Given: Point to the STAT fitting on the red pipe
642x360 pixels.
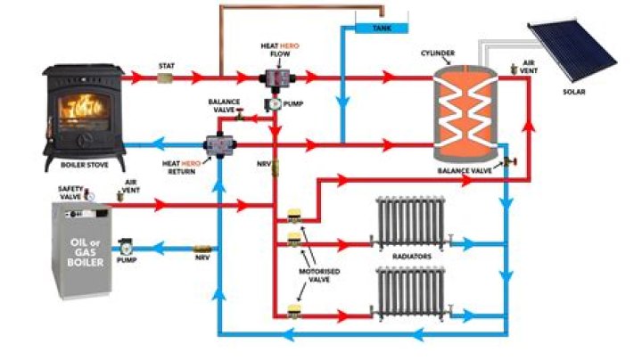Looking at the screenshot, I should [167, 78].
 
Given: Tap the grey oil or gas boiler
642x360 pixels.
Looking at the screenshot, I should [80, 250].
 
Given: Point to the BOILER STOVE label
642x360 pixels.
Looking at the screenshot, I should [84, 166].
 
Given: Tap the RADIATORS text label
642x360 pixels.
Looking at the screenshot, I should [411, 256].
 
